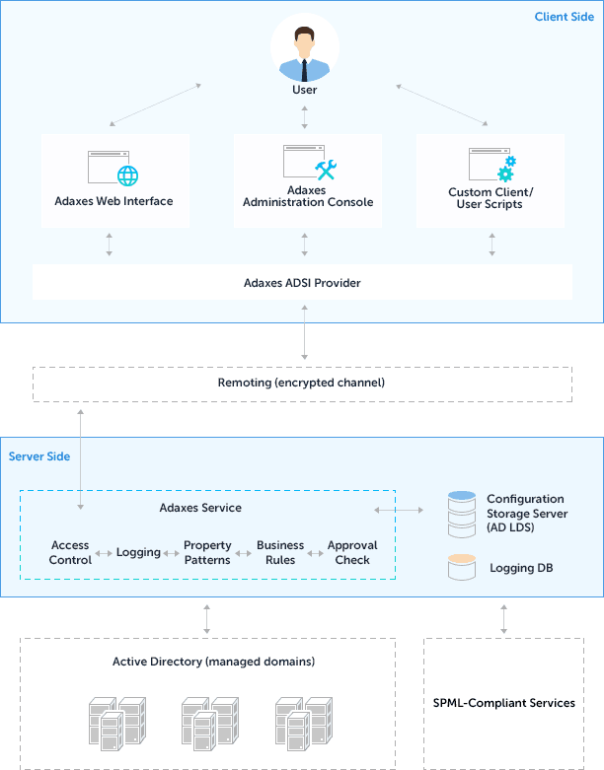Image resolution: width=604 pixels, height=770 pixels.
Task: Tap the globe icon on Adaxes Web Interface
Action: [128, 175]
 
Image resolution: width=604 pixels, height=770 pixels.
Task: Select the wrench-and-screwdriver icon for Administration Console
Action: [326, 169]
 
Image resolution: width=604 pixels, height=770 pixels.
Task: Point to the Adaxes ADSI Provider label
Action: [302, 283]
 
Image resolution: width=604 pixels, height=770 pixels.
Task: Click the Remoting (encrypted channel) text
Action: [301, 383]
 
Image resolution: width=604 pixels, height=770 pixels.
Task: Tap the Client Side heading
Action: [564, 17]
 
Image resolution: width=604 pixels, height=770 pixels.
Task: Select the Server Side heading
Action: [38, 456]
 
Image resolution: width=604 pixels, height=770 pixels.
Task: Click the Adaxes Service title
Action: [200, 508]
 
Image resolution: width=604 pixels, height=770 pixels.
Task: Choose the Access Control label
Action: [70, 552]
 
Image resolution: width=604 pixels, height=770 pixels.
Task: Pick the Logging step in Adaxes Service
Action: [138, 552]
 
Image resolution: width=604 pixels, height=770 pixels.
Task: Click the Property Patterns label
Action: [207, 552]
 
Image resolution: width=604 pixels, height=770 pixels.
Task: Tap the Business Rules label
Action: [280, 552]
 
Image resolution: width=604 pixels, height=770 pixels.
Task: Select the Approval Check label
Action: [352, 552]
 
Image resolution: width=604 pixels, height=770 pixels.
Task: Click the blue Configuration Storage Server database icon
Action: [462, 514]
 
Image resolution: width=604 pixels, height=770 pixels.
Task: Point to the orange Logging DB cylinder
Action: [462, 568]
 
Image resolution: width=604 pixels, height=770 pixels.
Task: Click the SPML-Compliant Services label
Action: [503, 703]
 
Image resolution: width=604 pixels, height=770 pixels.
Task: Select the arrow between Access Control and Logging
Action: [104, 553]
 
